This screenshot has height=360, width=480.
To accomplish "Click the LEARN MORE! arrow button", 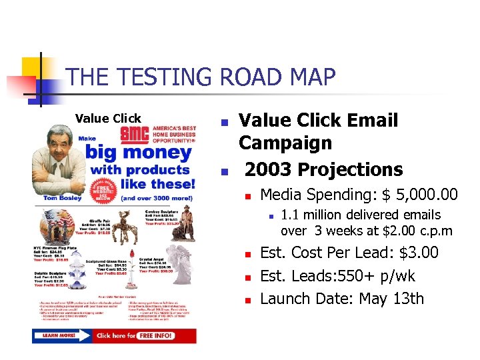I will tap(60, 335).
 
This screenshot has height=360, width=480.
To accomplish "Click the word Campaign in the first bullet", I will tap(285, 143).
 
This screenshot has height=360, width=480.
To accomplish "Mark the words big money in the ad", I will tap(140, 153).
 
